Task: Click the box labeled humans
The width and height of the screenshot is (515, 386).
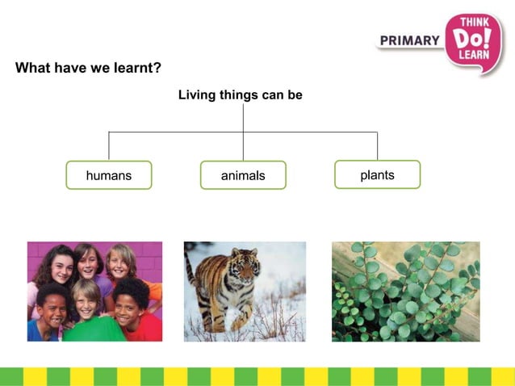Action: pyautogui.click(x=108, y=175)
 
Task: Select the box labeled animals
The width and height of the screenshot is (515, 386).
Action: pyautogui.click(x=243, y=175)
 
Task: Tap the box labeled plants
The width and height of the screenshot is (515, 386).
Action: pyautogui.click(x=377, y=174)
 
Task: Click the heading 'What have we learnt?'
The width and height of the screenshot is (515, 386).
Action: pyautogui.click(x=89, y=68)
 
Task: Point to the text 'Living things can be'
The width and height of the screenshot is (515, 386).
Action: pyautogui.click(x=240, y=95)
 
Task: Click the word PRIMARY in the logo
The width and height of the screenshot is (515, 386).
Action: pyautogui.click(x=409, y=40)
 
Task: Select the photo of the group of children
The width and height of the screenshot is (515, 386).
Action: pyautogui.click(x=94, y=291)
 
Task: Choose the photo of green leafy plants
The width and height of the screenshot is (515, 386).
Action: pyautogui.click(x=405, y=291)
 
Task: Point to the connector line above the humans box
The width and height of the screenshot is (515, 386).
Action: pyautogui.click(x=109, y=146)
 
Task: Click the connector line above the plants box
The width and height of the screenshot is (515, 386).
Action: pyautogui.click(x=377, y=146)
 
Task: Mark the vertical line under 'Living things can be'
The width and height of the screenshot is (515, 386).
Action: pyautogui.click(x=243, y=121)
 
